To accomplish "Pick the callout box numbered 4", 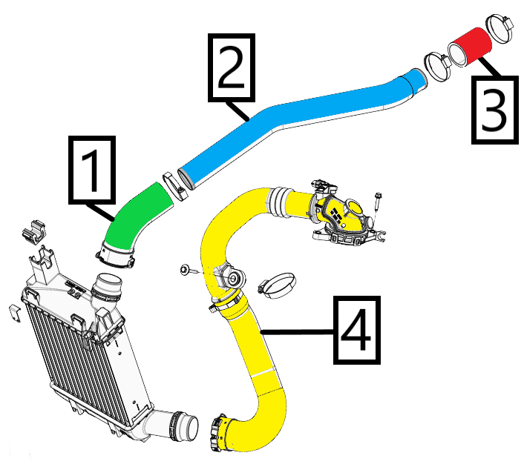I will pos(358,330).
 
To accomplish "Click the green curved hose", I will pos(137,218).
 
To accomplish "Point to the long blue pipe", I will pos(297,122).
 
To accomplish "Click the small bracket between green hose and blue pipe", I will pos(172,182).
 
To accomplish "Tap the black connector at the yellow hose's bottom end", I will pos(220,434).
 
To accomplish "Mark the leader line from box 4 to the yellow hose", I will pos(297,331).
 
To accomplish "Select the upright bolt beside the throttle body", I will pos(379,207).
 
